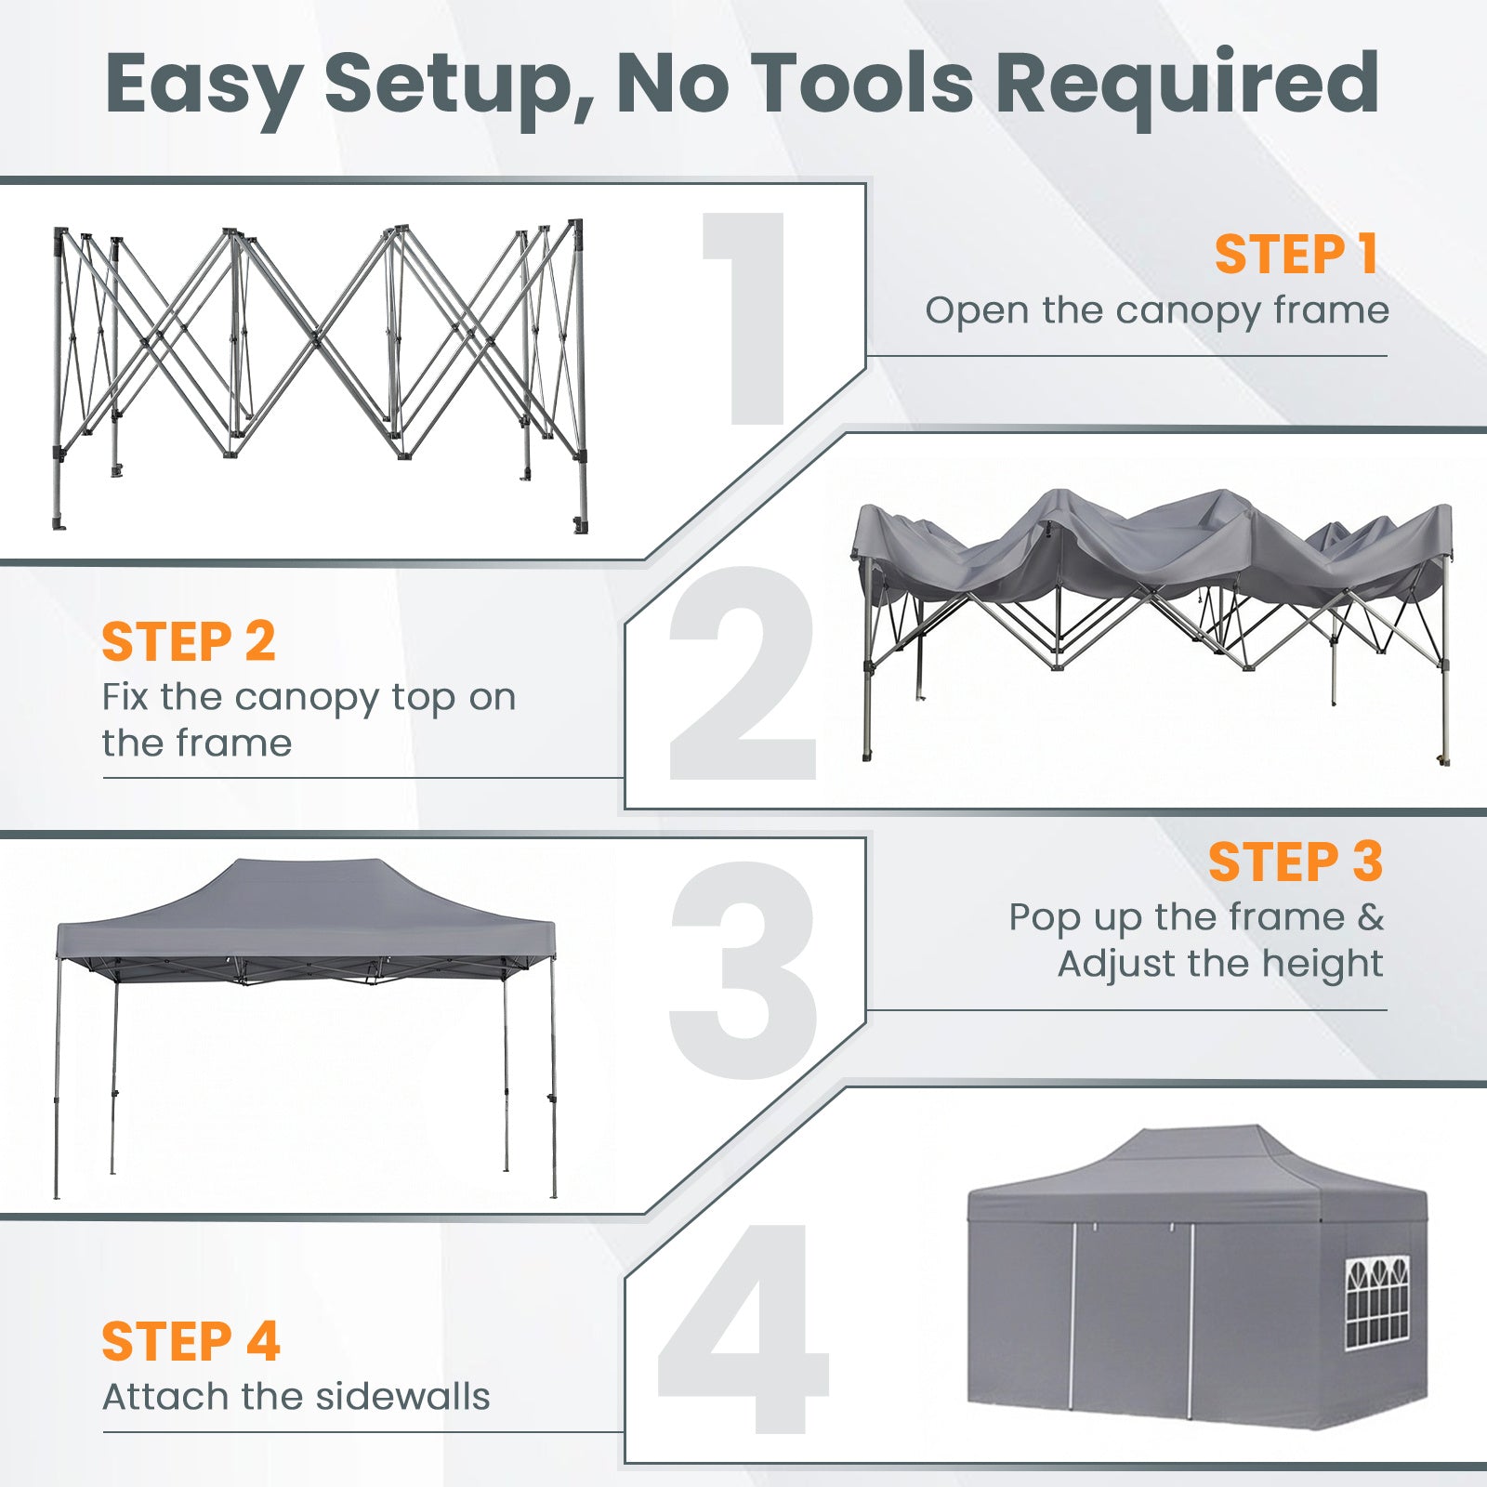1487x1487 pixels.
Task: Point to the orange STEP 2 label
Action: (189, 641)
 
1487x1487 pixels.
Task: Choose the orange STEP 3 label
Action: (1296, 862)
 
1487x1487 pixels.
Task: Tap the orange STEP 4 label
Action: (191, 1341)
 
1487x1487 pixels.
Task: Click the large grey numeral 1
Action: (749, 318)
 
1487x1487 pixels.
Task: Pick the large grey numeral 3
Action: (743, 971)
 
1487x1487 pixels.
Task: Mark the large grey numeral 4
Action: (743, 1328)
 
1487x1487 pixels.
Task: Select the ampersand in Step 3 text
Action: (1371, 917)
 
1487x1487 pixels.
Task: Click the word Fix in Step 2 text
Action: (125, 696)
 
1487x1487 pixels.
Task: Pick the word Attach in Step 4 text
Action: (165, 1396)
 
